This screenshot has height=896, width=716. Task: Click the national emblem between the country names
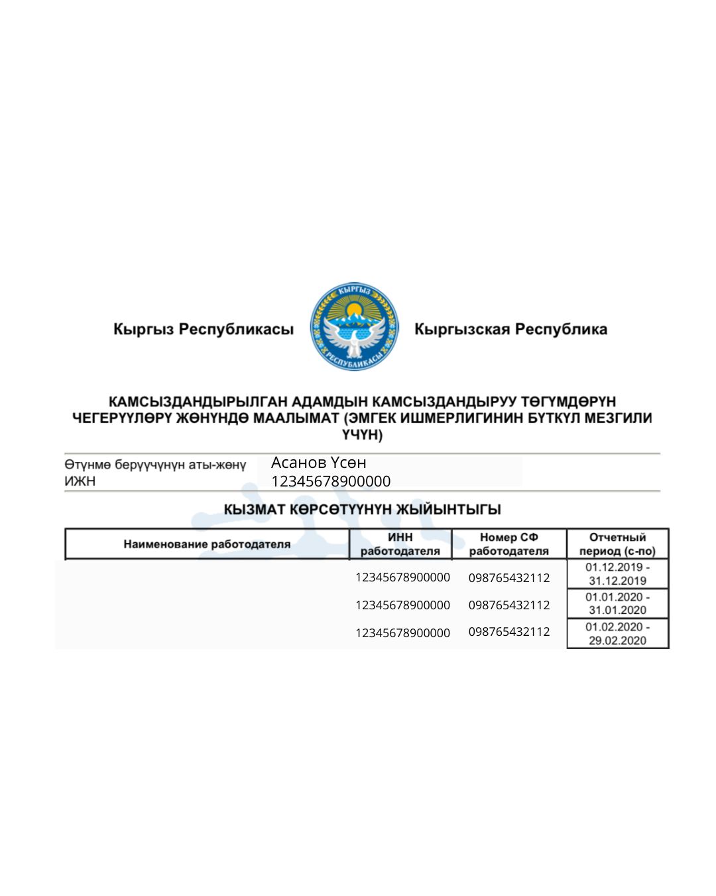[x=355, y=327]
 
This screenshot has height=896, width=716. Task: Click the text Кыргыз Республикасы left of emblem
[x=203, y=329]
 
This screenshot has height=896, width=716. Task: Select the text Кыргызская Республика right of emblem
[x=510, y=329]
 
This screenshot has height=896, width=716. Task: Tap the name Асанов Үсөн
[x=319, y=463]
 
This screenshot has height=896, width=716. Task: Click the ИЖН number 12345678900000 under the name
[x=331, y=481]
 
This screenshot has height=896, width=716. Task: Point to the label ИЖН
[x=80, y=481]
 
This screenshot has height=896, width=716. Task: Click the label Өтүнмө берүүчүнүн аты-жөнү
[x=155, y=465]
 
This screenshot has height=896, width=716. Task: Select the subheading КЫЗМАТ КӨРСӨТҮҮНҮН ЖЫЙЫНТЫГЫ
[x=362, y=510]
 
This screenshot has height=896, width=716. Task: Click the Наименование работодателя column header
[x=207, y=544]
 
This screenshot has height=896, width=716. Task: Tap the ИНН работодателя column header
[x=400, y=544]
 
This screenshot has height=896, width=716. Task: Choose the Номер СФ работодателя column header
[x=509, y=544]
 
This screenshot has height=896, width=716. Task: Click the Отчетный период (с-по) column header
[x=617, y=544]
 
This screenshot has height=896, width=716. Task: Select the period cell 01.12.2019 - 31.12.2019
[x=617, y=574]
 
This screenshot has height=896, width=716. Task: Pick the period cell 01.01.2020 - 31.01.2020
[x=617, y=603]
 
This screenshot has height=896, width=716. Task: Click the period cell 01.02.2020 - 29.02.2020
[x=617, y=633]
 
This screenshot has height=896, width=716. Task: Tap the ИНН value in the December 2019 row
[x=402, y=577]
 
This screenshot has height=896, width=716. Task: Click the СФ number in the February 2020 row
[x=509, y=632]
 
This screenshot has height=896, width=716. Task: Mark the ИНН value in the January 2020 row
[x=402, y=605]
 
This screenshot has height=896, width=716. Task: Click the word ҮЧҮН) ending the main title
[x=362, y=435]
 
